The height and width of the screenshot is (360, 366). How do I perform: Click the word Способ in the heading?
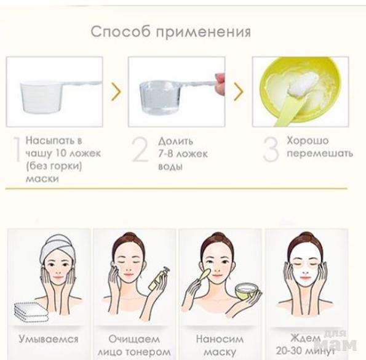click(x=121, y=31)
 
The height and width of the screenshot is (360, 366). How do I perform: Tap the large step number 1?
click(x=17, y=150)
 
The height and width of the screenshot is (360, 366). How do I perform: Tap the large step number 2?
click(x=140, y=150)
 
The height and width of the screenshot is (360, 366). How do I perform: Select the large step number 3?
click(x=271, y=150)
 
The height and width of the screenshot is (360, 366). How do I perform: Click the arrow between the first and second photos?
click(x=116, y=91)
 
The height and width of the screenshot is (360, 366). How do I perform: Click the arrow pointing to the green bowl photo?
click(x=238, y=91)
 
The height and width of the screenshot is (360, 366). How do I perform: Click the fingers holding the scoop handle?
click(x=220, y=84)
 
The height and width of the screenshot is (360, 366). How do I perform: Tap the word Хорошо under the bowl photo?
click(x=308, y=141)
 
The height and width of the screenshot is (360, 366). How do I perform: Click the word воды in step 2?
click(x=170, y=167)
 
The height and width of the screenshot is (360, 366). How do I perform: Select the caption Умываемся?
click(x=49, y=339)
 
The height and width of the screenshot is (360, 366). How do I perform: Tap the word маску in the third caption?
click(x=220, y=352)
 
